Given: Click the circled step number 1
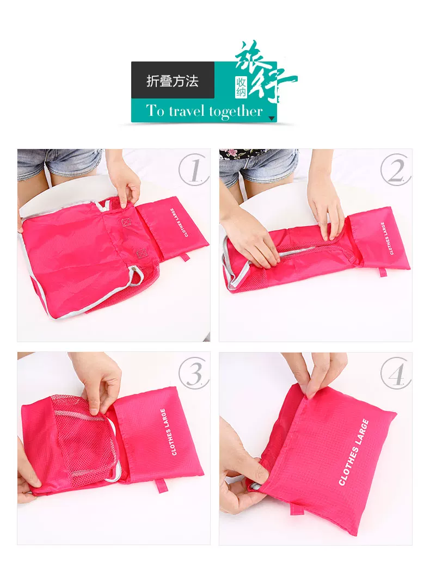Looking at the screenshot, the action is click(193, 170).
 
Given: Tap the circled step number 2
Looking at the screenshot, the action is click(396, 170).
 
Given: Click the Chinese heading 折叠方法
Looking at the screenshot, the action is click(173, 81).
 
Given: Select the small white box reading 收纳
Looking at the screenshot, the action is click(241, 87).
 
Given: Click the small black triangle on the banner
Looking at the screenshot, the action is click(272, 118).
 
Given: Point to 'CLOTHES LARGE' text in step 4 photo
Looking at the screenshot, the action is click(354, 452).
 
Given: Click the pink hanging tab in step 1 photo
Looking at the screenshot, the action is click(186, 258).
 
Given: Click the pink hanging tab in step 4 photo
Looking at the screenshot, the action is click(295, 508).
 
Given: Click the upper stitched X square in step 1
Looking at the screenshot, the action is click(126, 221).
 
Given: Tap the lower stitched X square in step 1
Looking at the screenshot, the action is click(142, 254).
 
